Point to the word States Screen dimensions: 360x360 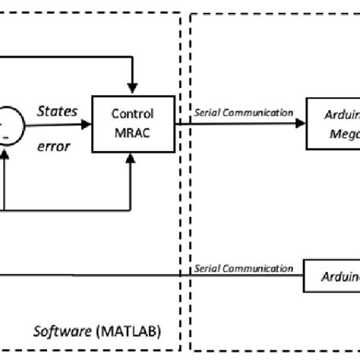pos(57,112)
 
